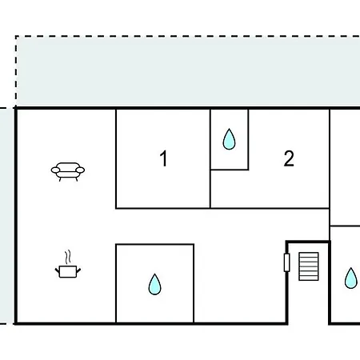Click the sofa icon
point(68,171)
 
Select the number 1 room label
point(163,158)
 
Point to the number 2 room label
point(289,158)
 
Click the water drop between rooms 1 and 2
point(229,139)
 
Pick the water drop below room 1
point(154,284)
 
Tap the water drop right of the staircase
point(351,278)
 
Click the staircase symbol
point(309,266)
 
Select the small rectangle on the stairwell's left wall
point(287,262)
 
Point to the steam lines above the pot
point(68,257)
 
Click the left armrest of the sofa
point(55,170)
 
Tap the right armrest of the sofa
point(80,170)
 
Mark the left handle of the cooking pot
point(57,271)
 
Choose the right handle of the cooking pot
point(78,270)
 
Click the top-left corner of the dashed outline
point(16,36)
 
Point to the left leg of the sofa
point(60,179)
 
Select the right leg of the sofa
point(77,179)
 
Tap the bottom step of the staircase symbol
point(309,278)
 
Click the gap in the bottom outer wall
point(308,324)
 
